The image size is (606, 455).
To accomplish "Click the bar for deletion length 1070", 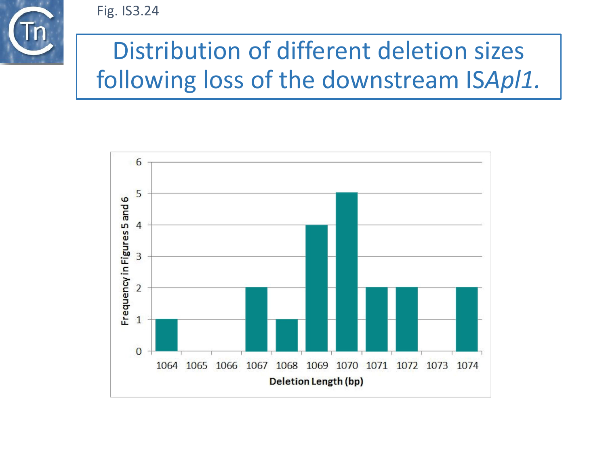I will tap(347, 272).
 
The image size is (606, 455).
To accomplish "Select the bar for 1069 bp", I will tap(316, 288).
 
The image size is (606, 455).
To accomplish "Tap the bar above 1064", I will tap(166, 335).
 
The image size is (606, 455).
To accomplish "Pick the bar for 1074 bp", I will tap(467, 319).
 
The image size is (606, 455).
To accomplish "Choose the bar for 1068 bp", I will tap(286, 335).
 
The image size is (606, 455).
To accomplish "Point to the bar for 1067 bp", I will tap(256, 319).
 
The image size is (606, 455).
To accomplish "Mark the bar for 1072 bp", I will tap(406, 319).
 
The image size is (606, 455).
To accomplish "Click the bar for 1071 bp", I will tap(377, 319).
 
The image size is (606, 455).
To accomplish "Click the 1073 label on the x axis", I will tap(437, 366).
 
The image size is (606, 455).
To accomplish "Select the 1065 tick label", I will tap(196, 366).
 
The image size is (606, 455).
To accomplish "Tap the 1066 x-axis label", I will tap(227, 366).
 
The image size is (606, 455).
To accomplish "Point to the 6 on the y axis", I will tap(139, 162).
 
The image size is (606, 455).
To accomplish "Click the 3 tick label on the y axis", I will tap(139, 256).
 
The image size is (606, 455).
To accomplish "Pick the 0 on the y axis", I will tap(139, 351).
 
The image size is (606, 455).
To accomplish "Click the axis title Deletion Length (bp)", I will tap(316, 381).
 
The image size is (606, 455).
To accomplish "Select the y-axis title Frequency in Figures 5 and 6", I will tap(125, 261).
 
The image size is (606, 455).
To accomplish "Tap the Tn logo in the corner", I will tap(32, 32).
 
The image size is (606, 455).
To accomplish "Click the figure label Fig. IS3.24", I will tap(128, 11).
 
